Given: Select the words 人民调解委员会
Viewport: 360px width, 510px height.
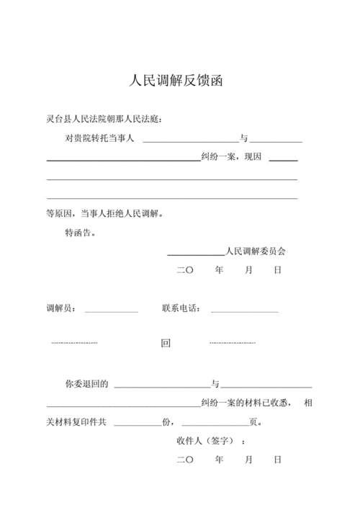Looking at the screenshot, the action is coord(256,252).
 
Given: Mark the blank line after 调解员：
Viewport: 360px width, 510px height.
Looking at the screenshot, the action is coord(112,312).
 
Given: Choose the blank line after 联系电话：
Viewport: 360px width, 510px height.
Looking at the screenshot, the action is coord(244,312).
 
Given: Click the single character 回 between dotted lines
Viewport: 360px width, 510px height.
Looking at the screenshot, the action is coord(166,344).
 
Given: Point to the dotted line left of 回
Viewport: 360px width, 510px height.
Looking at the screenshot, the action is coord(74,343).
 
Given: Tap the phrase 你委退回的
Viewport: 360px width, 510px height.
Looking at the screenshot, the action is coord(86,385).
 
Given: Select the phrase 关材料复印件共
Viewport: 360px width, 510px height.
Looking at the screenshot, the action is coord(76,422).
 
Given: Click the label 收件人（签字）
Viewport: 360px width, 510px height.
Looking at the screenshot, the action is coord(208,441).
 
